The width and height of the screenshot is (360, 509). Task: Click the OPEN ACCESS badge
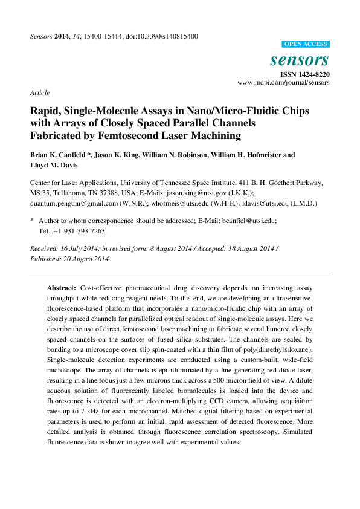click(306, 44)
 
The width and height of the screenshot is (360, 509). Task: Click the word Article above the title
click(39, 93)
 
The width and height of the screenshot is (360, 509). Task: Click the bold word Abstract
click(62, 288)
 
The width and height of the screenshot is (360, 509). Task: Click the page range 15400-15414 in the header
click(97, 36)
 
